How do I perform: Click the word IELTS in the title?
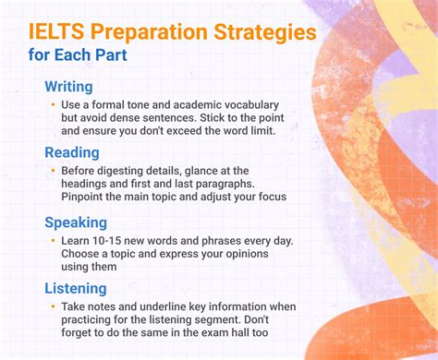(x=56, y=33)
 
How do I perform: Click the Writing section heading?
(x=68, y=86)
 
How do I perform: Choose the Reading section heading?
(x=71, y=151)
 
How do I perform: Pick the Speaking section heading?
(x=75, y=222)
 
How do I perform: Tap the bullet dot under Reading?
(x=54, y=171)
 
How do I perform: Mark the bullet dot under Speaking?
(x=54, y=240)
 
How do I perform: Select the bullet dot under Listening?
(x=54, y=306)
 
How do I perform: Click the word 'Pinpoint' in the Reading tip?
(x=84, y=198)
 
